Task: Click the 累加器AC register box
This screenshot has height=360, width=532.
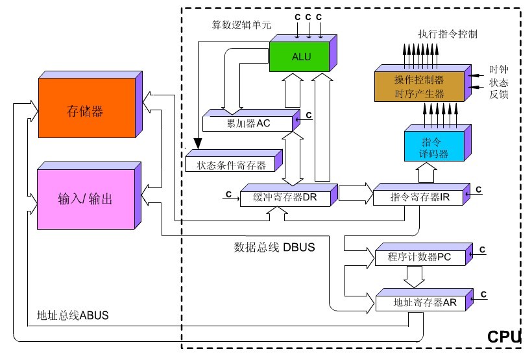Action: tap(251, 121)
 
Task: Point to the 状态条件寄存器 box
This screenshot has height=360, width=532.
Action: tap(234, 161)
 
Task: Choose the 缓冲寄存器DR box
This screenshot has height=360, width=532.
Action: tap(289, 195)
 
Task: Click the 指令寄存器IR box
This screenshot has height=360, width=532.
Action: tap(422, 195)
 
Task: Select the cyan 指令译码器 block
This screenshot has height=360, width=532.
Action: tap(438, 143)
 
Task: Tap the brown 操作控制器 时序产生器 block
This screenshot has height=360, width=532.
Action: tap(423, 83)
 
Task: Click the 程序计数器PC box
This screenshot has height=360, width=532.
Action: tap(424, 254)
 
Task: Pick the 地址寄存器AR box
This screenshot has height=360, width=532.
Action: tap(424, 300)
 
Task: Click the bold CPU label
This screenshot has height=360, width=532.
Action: tap(504, 337)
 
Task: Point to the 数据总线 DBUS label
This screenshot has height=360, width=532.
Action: tap(274, 247)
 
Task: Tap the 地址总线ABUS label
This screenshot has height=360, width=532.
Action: tap(73, 315)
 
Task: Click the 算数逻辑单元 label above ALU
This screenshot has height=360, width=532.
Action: tap(241, 25)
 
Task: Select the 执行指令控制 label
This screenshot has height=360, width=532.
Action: tap(448, 34)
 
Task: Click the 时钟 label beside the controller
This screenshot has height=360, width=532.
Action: tap(498, 69)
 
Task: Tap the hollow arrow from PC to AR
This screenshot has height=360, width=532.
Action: tap(415, 276)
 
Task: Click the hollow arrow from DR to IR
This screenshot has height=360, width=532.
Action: tap(356, 193)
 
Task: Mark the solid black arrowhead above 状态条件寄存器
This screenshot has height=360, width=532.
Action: tap(198, 144)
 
